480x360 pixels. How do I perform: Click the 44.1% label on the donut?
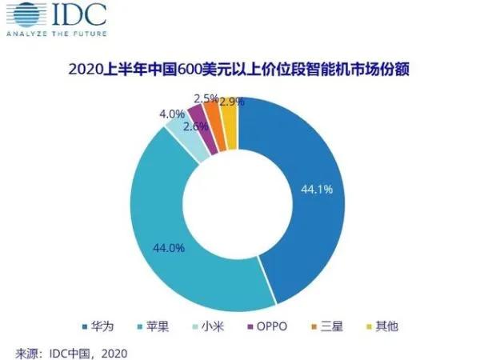pyautogui.click(x=318, y=190)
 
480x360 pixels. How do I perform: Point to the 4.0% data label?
pyautogui.click(x=171, y=114)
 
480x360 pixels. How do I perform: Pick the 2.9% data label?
pyautogui.click(x=231, y=102)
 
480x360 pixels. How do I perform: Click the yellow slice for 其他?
pyautogui.click(x=230, y=124)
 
